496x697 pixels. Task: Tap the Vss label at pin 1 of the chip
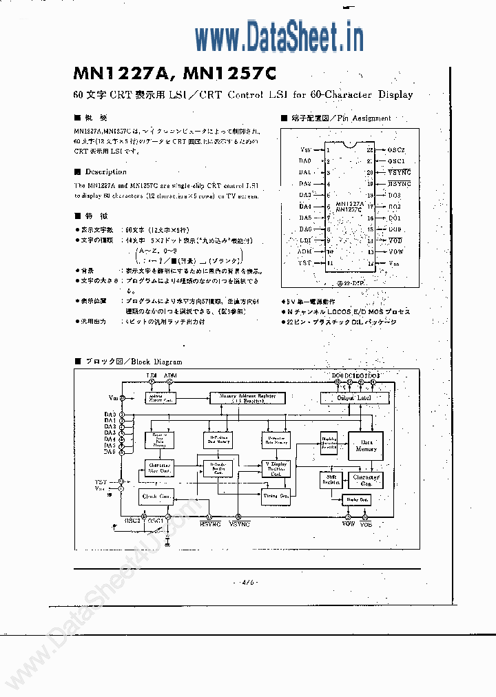pos(306,149)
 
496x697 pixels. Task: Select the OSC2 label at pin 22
pos(396,149)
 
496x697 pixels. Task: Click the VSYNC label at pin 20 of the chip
pos(399,172)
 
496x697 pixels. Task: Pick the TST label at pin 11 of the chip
pos(304,262)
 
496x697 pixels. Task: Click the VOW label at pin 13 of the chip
pos(396,251)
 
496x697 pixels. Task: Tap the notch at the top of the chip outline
pos(351,144)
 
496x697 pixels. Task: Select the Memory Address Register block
pos(247,398)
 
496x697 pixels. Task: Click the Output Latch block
pos(354,398)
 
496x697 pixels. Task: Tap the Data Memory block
pos(365,445)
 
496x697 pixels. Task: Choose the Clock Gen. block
pos(156,495)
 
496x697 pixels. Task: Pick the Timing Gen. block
pos(276,495)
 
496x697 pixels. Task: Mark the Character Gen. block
pos(366,480)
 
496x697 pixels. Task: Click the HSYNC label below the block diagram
pos(210,525)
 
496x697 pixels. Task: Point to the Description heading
pos(105,171)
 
